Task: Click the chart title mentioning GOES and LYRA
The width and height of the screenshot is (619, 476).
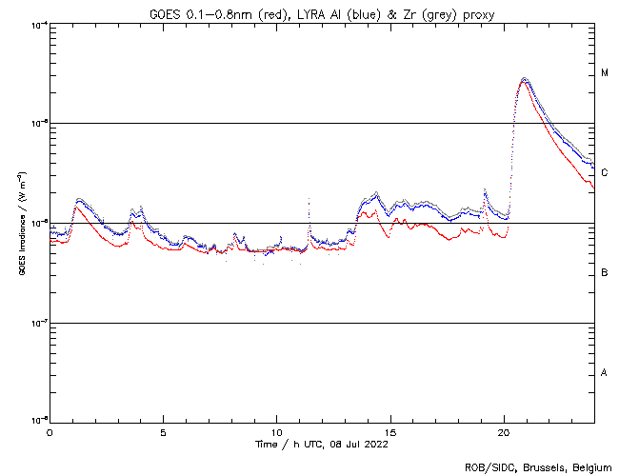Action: [x=323, y=12]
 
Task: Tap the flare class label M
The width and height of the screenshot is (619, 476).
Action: [x=604, y=73]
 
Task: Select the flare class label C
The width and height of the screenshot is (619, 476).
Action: [x=604, y=173]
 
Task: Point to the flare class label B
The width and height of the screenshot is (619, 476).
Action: [x=604, y=273]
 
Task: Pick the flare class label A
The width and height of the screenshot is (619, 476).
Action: [x=604, y=372]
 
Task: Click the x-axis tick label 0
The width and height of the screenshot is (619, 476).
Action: [x=50, y=432]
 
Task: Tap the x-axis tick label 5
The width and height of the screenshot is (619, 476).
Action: [x=163, y=432]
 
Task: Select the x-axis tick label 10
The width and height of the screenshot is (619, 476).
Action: [x=276, y=432]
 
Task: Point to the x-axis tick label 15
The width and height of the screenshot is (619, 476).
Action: [x=390, y=432]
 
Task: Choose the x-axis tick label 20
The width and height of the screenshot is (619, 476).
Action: [x=504, y=432]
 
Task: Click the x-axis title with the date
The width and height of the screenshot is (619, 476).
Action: [x=322, y=444]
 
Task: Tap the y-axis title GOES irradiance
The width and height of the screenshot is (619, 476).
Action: [x=21, y=224]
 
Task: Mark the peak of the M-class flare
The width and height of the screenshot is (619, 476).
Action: [x=524, y=79]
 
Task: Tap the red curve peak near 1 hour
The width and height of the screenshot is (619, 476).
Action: [x=78, y=207]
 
